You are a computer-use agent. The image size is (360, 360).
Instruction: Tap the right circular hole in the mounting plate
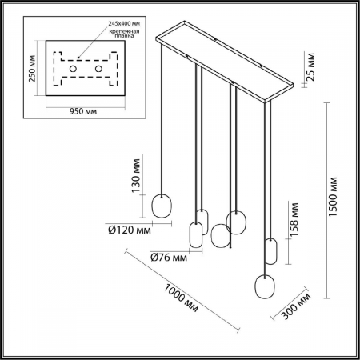(x=99, y=70)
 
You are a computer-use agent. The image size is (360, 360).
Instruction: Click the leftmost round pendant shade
(x=162, y=206)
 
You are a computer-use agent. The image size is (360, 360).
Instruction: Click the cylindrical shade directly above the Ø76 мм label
(x=194, y=235)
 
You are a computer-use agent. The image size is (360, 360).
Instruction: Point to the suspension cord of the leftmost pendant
(x=163, y=120)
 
